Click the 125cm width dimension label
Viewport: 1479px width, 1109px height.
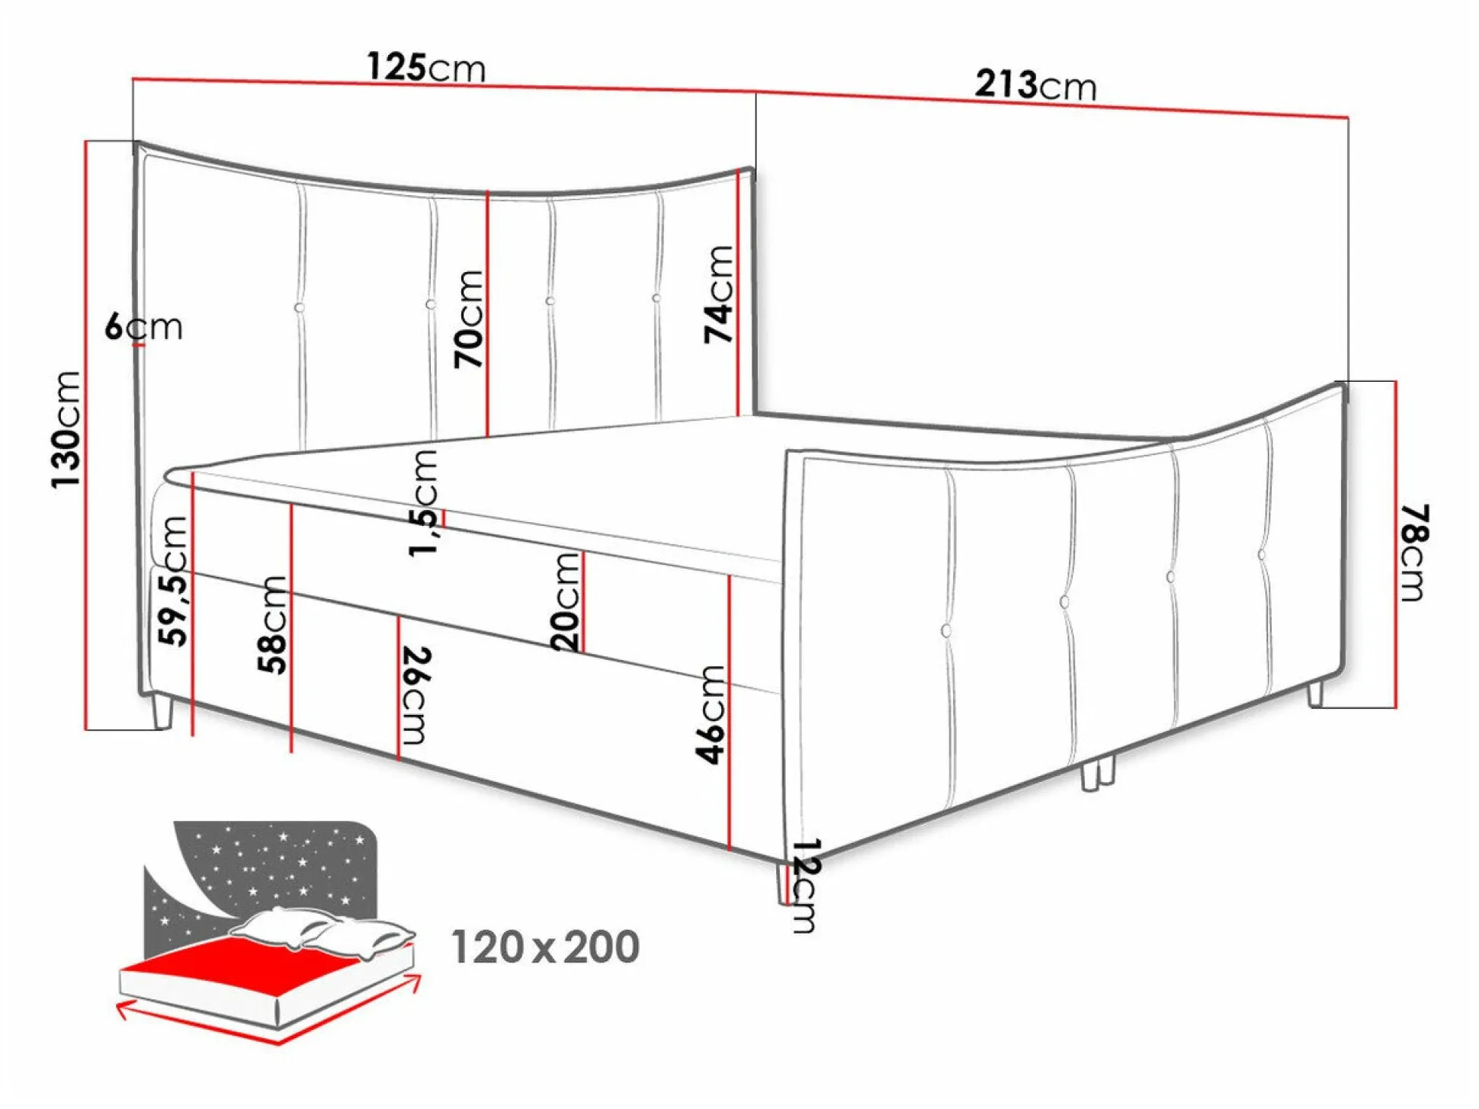click(426, 67)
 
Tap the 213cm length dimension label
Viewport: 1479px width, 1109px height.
click(1035, 85)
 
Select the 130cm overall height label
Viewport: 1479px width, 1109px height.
click(66, 430)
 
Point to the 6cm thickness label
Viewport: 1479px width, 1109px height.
click(144, 327)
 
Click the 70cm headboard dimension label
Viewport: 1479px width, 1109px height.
click(469, 319)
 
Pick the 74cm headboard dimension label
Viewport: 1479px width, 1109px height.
click(718, 294)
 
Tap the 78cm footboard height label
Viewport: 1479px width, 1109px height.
click(1414, 553)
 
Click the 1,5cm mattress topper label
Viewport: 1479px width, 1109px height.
click(423, 503)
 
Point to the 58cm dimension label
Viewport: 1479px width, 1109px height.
click(272, 625)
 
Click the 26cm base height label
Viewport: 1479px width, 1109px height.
click(416, 695)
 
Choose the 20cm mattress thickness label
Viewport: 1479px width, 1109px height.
click(565, 601)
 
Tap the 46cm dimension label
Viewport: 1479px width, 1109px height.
click(710, 714)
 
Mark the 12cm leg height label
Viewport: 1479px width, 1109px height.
click(805, 886)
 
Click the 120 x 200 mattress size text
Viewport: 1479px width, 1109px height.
click(545, 947)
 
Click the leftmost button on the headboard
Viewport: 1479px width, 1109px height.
click(300, 308)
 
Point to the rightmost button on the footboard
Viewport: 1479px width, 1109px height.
click(1262, 555)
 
